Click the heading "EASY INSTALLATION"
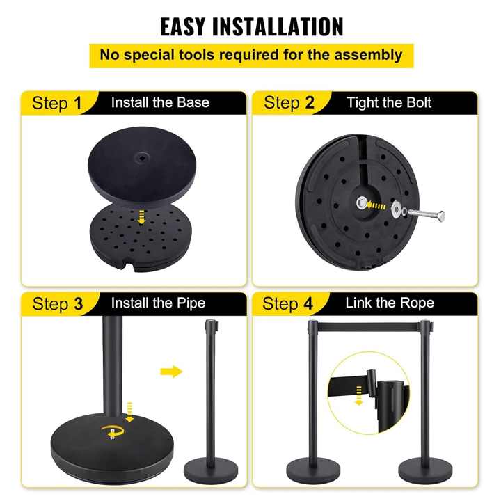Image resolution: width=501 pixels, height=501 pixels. [251, 26]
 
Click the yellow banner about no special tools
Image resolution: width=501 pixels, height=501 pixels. [251, 55]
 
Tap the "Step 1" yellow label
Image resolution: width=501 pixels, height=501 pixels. [57, 104]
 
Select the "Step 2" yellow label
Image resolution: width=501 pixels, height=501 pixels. [289, 104]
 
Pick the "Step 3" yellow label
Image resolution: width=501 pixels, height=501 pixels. [57, 304]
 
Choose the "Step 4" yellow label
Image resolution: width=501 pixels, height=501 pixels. [289, 304]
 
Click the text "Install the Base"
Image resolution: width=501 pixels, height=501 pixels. [160, 103]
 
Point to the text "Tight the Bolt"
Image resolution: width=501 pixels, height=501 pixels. [389, 103]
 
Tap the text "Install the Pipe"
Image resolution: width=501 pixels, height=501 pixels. [158, 303]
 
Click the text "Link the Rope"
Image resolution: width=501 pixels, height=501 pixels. [389, 303]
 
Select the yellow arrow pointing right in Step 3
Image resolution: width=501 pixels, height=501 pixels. [170, 372]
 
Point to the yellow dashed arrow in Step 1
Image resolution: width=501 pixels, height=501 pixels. [143, 218]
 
